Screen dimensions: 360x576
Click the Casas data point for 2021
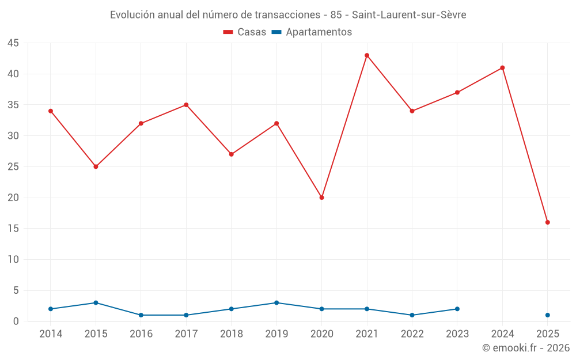367,55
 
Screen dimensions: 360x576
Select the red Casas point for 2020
322,198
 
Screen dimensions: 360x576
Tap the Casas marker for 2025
548,222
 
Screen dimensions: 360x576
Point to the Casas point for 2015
96,166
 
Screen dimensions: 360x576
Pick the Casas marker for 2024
502,68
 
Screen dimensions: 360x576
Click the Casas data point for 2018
232,154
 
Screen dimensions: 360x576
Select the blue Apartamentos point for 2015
96,303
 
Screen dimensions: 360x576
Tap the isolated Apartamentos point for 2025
548,315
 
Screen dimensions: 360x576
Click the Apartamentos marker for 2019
276,303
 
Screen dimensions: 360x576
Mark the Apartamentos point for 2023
457,309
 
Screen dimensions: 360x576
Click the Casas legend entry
245,32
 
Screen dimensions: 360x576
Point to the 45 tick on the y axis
13,43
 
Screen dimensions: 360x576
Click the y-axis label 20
13,198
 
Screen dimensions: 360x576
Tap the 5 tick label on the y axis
16,290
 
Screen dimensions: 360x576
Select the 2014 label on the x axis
51,334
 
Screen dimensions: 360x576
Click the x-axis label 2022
412,334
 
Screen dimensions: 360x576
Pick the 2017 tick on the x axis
186,334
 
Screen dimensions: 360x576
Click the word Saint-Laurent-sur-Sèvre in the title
409,15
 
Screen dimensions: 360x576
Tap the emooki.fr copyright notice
526,348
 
